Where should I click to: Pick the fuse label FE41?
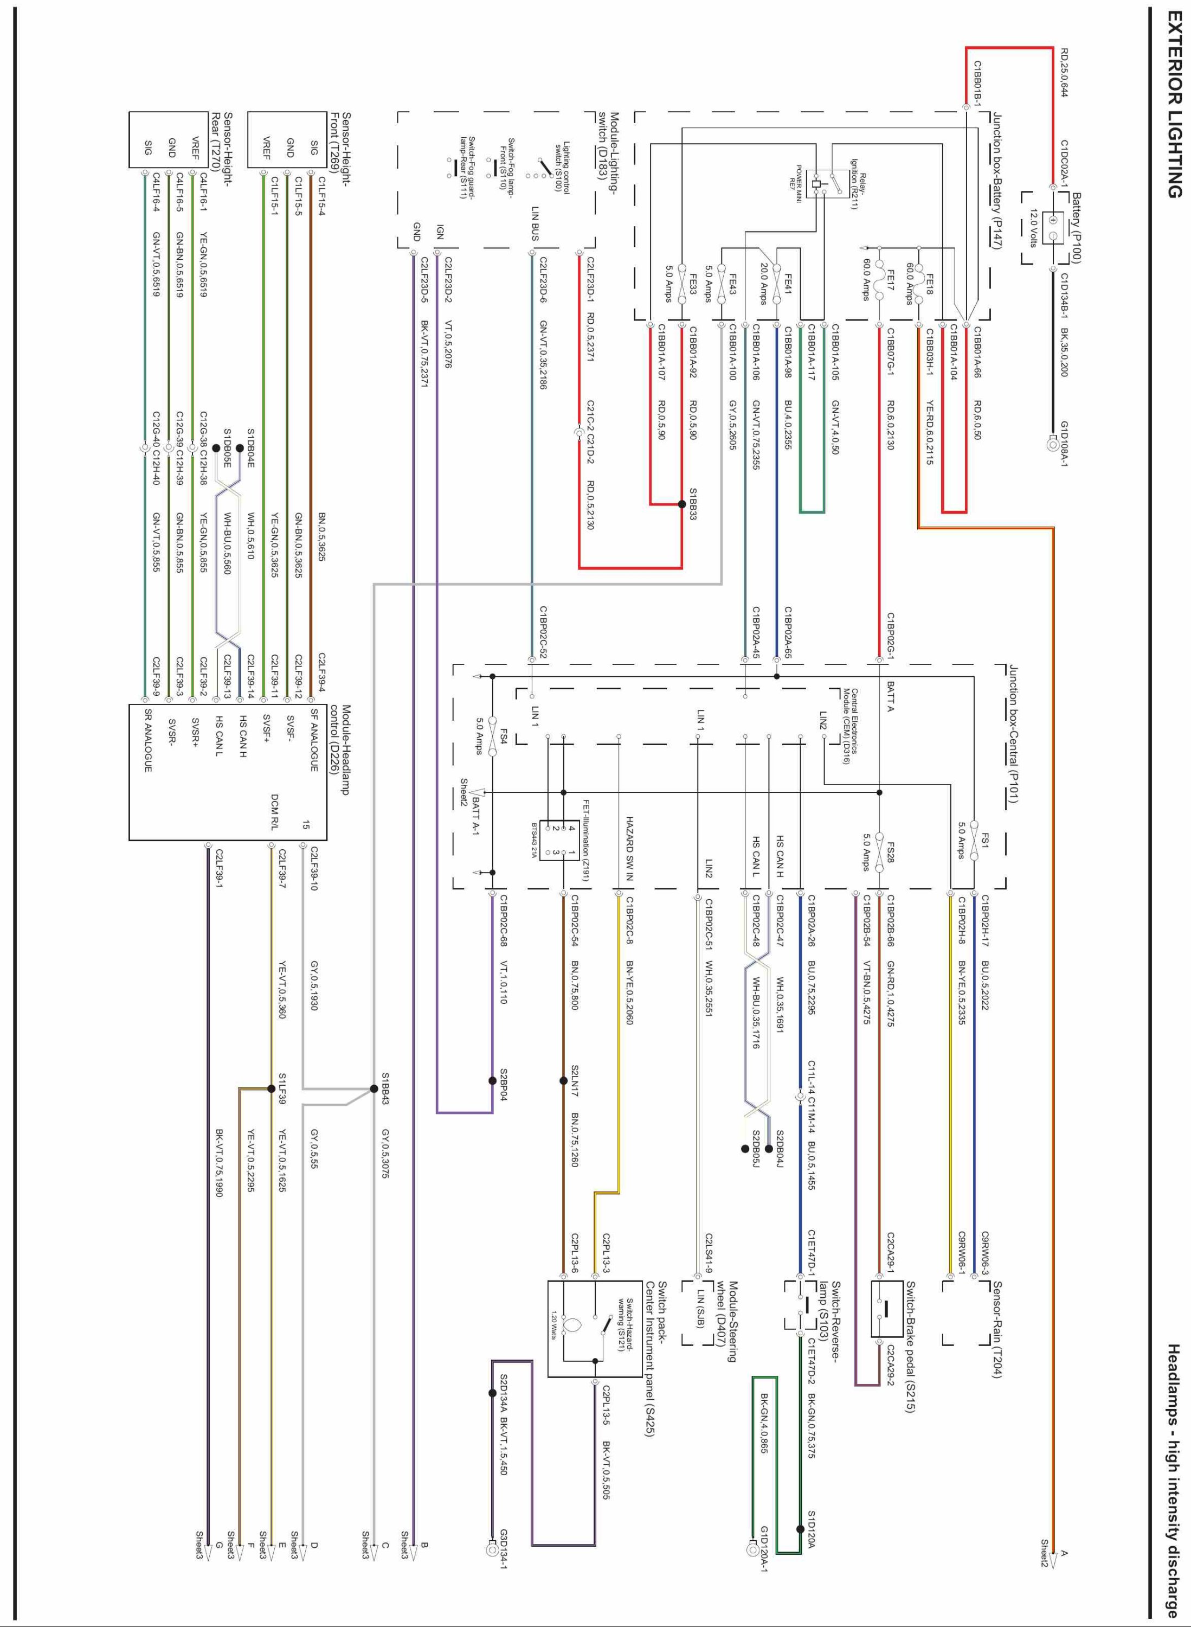coord(788,280)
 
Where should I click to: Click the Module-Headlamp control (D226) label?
coord(339,750)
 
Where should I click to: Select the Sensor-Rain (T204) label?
coord(997,1330)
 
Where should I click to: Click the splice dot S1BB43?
coord(374,1088)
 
